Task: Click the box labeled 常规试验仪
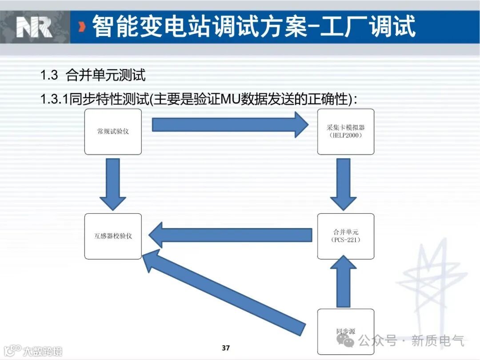coord(113,132)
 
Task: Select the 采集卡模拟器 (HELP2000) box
coord(346,132)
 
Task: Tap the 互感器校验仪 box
coord(113,236)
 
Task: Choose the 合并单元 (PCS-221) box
coord(346,236)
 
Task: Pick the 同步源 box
coord(346,331)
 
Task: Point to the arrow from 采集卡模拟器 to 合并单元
coord(343,184)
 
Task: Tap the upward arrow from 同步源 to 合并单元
coord(343,282)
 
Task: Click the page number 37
coord(226,348)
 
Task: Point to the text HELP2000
coord(346,135)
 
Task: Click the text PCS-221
coord(346,240)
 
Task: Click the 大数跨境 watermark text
coord(42,351)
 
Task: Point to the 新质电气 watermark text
coord(437,341)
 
